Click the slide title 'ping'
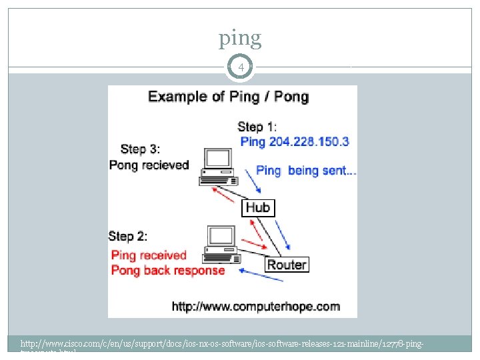point(240,39)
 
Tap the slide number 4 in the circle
point(240,67)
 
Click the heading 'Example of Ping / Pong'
point(228,97)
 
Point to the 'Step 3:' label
point(140,149)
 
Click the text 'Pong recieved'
point(149,165)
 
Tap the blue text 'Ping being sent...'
point(306,171)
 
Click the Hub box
point(257,208)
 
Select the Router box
point(287,265)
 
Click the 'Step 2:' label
point(128,236)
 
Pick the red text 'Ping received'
point(149,255)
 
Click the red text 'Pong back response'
point(167,271)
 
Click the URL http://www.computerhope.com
point(255,307)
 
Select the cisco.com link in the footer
point(220,344)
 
